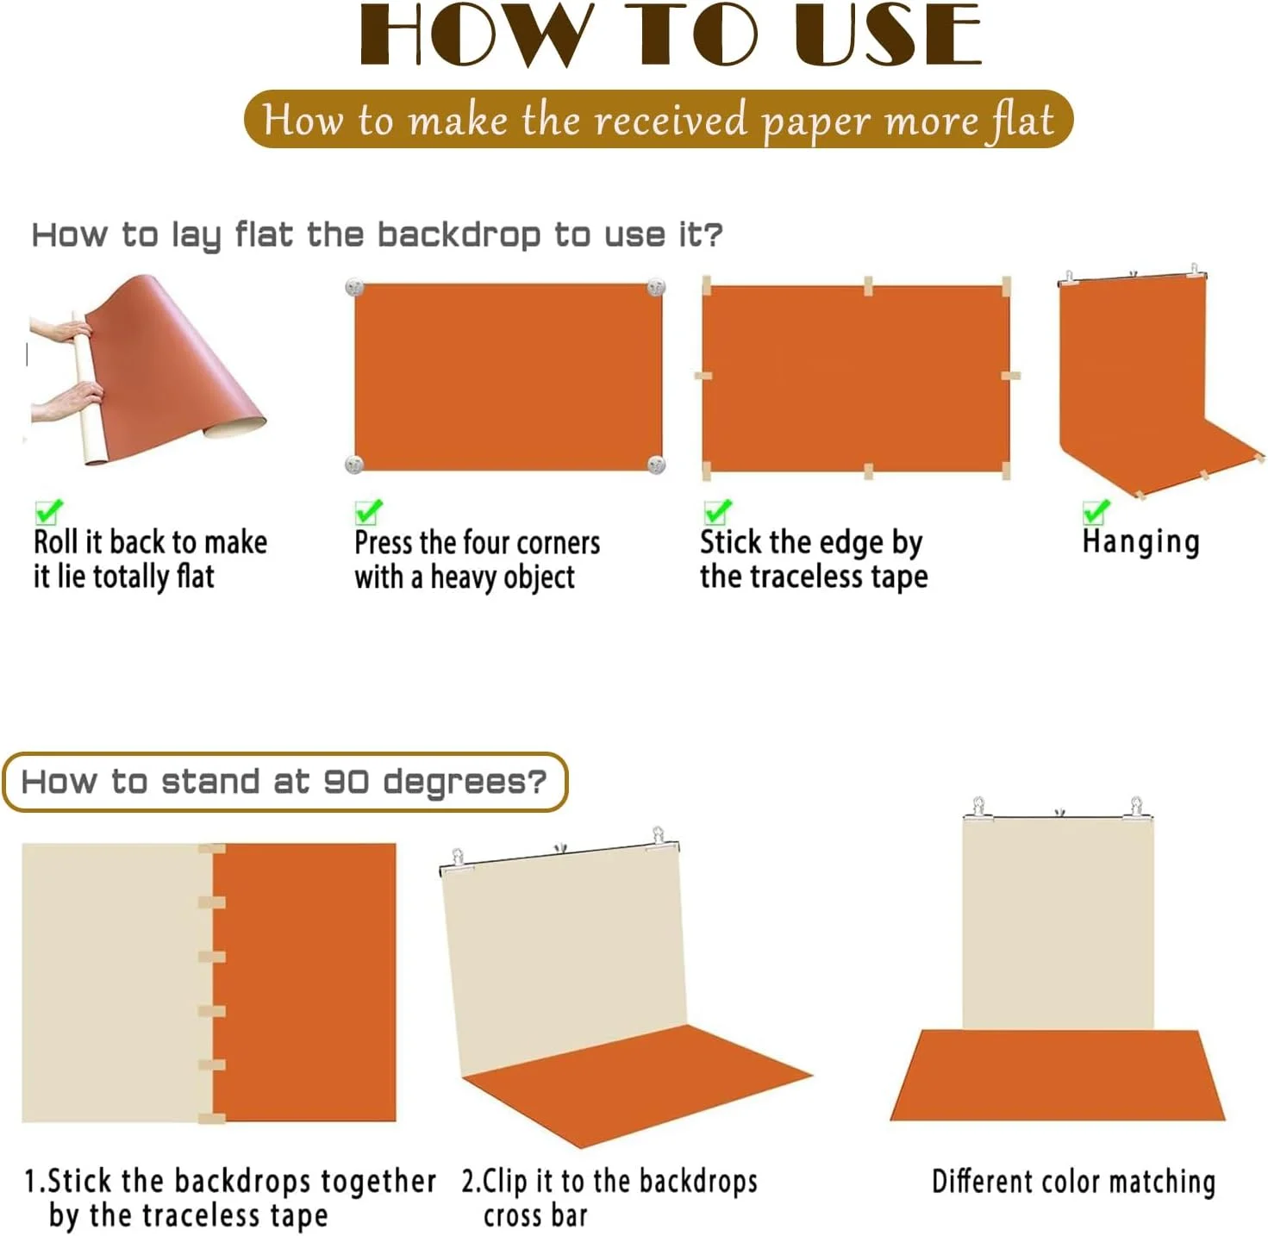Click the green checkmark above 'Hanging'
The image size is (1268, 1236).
pos(1096,511)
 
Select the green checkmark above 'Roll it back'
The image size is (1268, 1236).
pos(49,511)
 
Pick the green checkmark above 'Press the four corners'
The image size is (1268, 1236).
pos(368,511)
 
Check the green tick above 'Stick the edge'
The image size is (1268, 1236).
pos(717,511)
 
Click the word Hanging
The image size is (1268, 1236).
pos(1140,542)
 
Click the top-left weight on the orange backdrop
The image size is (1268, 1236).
pos(353,287)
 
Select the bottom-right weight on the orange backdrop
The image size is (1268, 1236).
pos(656,464)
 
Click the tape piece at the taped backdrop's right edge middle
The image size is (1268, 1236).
pos(1010,375)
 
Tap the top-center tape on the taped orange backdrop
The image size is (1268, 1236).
pos(867,286)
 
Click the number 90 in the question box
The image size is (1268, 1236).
pos(346,781)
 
